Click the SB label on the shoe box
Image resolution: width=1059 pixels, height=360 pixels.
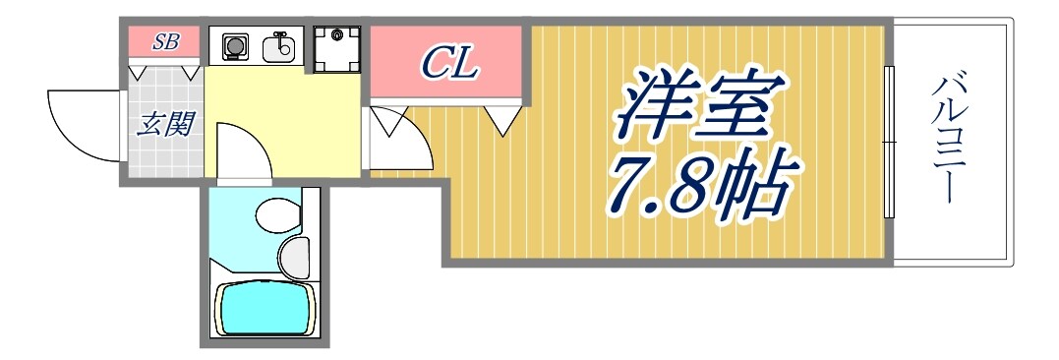[163, 42]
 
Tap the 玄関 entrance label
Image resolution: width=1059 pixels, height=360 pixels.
[164, 125]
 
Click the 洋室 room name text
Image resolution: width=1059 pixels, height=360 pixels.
[692, 106]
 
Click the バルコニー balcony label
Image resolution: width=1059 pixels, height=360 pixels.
[951, 137]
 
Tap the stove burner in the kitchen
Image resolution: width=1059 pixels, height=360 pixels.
[235, 45]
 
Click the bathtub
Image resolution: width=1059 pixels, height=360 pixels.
[265, 308]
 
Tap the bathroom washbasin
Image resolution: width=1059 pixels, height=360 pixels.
[295, 257]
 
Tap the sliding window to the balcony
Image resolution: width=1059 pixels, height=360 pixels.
[889, 143]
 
